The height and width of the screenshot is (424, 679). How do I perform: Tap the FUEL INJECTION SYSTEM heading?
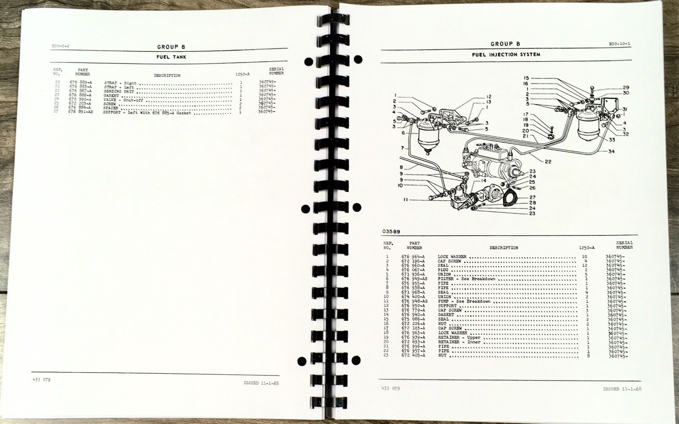505,55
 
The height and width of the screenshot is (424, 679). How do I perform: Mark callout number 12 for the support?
489,97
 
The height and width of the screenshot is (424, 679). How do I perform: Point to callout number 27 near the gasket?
533,198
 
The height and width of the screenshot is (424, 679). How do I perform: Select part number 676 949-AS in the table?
414,279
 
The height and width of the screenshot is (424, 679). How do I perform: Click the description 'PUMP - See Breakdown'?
464,301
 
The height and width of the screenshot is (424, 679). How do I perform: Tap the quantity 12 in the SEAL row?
585,265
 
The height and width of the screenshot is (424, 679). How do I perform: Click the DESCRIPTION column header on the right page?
503,248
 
